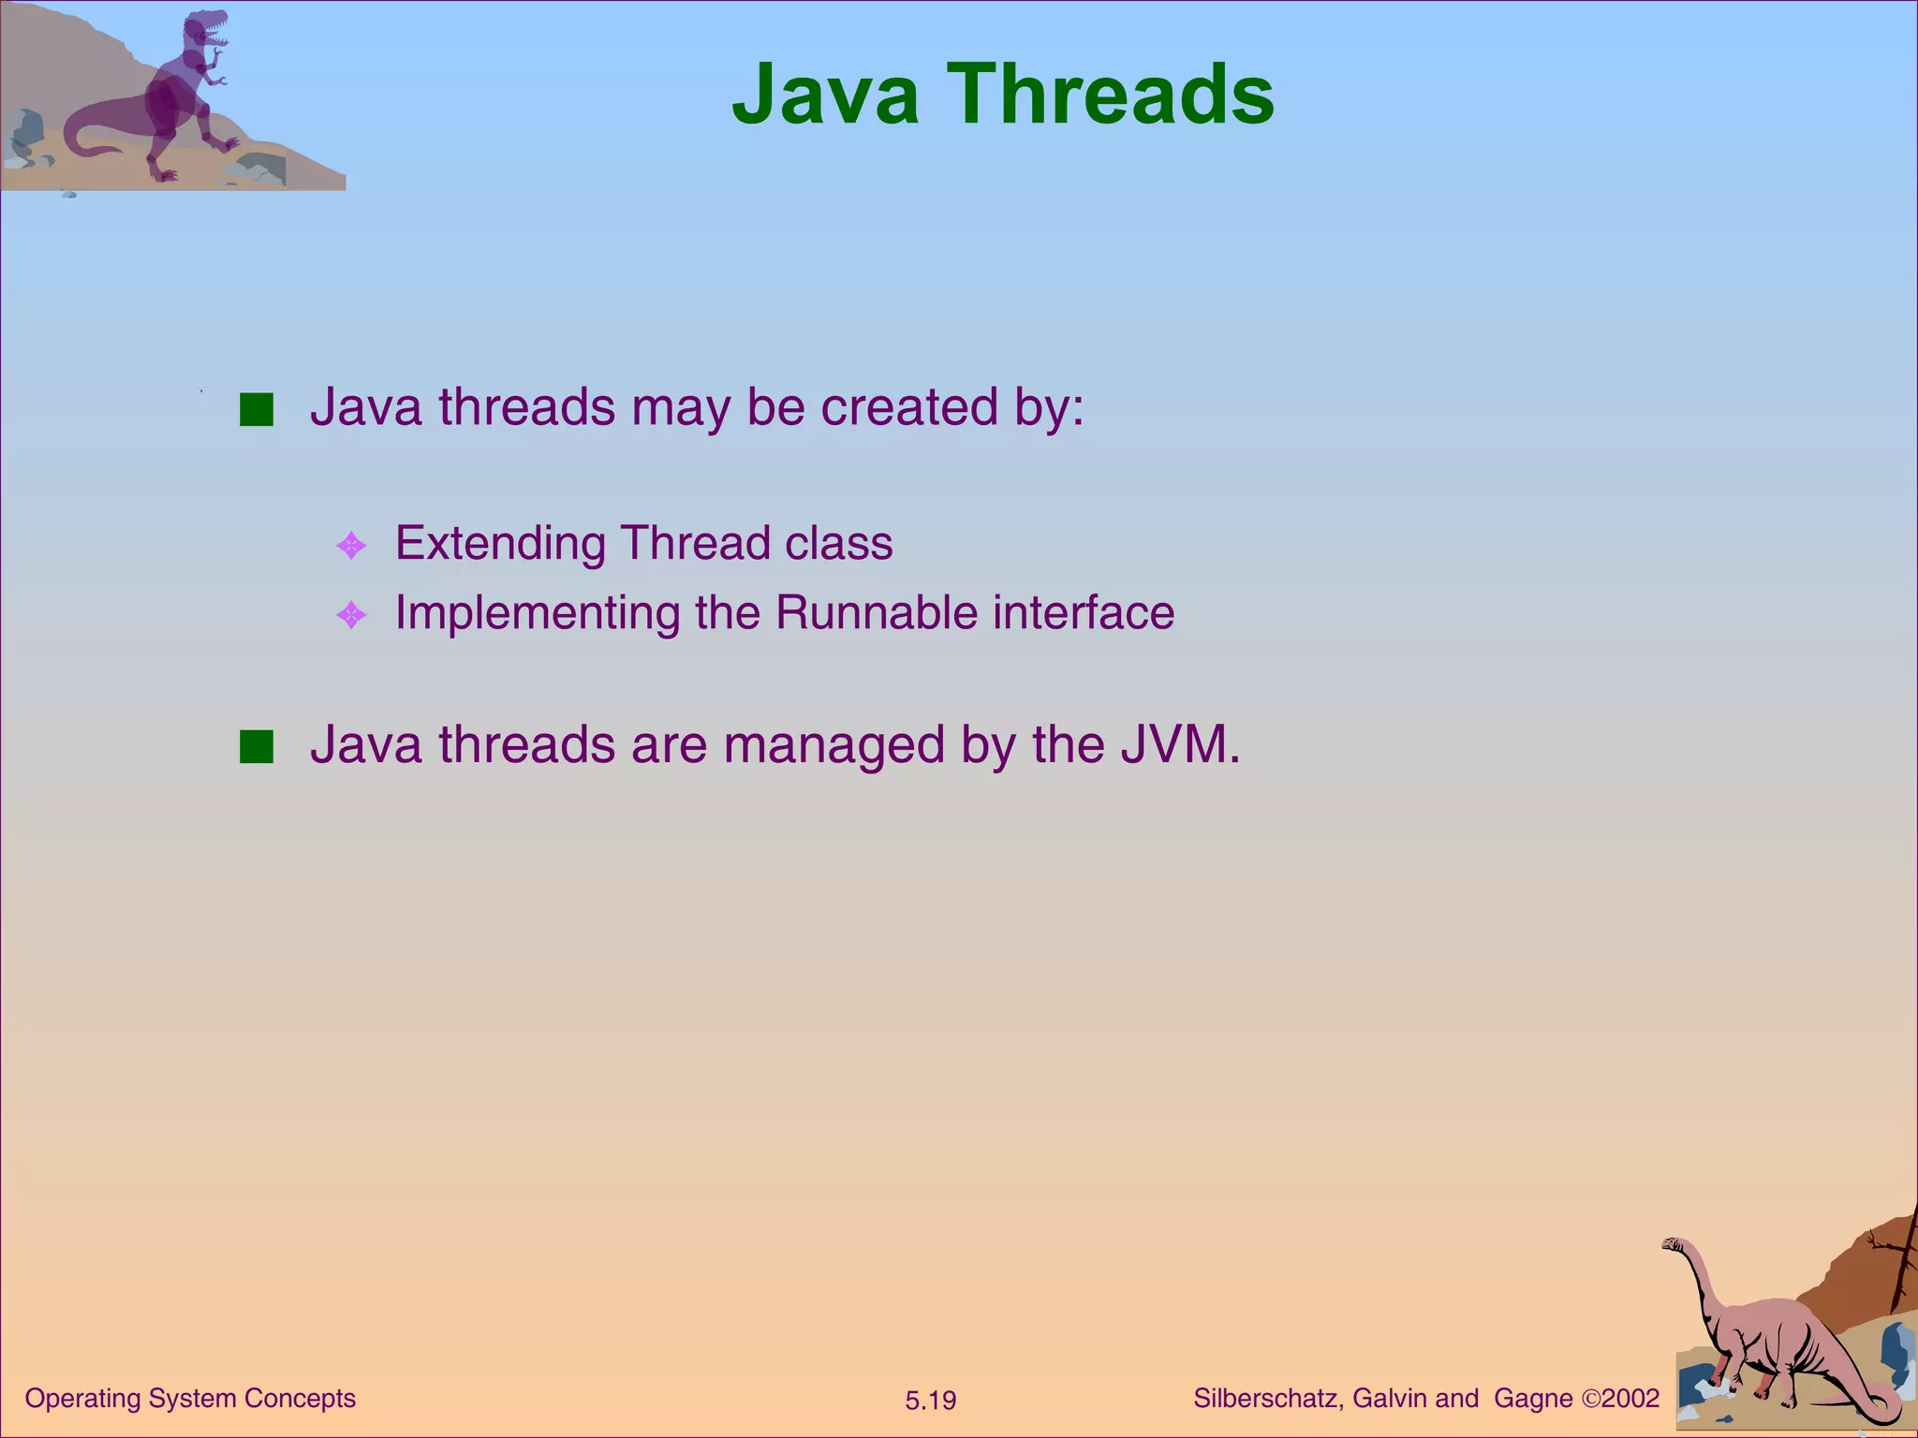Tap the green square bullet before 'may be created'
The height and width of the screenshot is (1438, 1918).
[256, 410]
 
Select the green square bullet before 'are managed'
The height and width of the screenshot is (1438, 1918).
[256, 747]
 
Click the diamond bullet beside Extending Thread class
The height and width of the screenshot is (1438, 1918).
[351, 546]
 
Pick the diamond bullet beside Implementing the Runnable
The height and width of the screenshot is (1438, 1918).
[351, 615]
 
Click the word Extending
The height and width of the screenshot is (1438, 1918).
[500, 544]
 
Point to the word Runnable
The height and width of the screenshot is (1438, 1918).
[876, 613]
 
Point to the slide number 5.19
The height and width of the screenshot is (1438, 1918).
[930, 1401]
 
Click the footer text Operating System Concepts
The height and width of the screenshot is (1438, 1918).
[190, 1399]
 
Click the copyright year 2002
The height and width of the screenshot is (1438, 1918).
[1630, 1399]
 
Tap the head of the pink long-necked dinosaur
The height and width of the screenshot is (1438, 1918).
[1674, 1244]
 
